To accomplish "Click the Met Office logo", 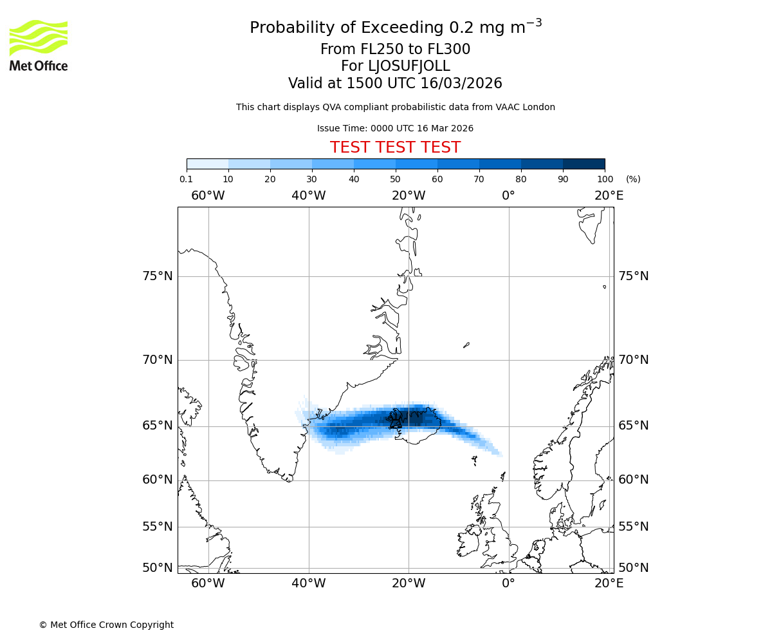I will (x=39, y=45).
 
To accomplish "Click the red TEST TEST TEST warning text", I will (x=395, y=147).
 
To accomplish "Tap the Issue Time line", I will (x=395, y=129).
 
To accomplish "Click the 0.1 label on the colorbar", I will (x=186, y=179).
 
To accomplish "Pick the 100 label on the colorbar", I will (x=605, y=179).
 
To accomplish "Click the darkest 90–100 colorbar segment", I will (x=584, y=164).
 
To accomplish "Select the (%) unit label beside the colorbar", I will (x=633, y=179).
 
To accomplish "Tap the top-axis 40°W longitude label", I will (x=308, y=196).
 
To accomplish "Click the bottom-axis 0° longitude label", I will (x=508, y=583).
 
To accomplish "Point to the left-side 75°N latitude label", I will (x=158, y=276).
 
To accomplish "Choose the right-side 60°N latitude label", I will (x=633, y=480).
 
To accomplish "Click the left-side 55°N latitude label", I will (x=158, y=527).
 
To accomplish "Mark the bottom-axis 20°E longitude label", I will (x=609, y=583).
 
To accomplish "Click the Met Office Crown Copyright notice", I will (x=106, y=625).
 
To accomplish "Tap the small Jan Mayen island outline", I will (x=466, y=345).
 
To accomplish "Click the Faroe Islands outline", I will (x=474, y=460).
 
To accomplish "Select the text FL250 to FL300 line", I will (x=395, y=50).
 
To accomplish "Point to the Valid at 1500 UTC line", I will (x=395, y=84).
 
